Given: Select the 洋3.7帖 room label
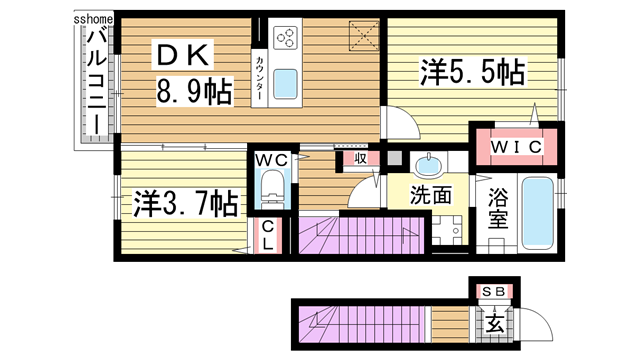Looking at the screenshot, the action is [185, 203].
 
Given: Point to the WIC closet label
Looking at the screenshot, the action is [518, 147].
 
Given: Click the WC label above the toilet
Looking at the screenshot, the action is [270, 160].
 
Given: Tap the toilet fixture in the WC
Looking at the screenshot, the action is [271, 187].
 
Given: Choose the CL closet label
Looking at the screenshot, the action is [269, 236].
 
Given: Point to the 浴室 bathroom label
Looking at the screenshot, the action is [499, 210].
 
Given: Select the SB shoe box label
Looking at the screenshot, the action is [493, 291].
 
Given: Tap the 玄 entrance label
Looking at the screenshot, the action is [494, 322].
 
